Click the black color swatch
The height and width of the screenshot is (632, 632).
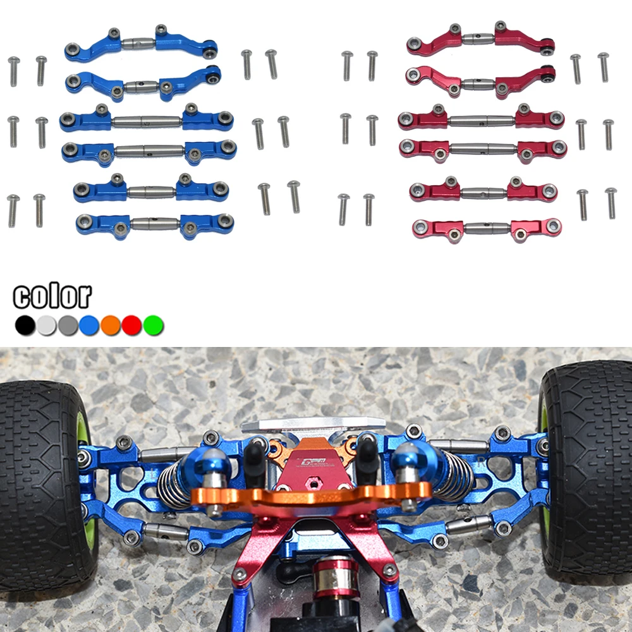click(x=25, y=325)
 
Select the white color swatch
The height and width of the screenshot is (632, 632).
click(x=46, y=325)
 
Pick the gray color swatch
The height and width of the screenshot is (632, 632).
click(x=68, y=325)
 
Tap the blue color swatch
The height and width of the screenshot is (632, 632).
click(x=89, y=325)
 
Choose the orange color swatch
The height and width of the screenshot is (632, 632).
click(x=111, y=325)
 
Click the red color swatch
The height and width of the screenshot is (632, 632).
click(x=132, y=325)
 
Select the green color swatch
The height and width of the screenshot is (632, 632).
click(x=154, y=325)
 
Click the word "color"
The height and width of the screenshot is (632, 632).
click(x=52, y=296)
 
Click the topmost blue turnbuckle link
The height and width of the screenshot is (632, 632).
click(x=141, y=44)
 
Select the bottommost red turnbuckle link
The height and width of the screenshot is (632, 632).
click(x=487, y=228)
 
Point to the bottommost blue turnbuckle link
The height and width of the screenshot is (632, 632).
click(x=154, y=224)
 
